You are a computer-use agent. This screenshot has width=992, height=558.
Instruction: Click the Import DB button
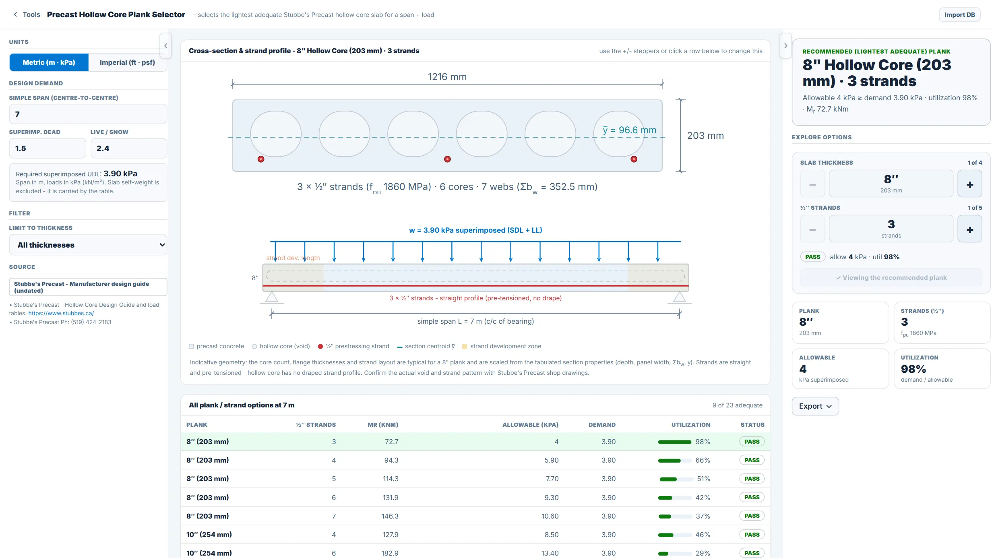pyautogui.click(x=959, y=15)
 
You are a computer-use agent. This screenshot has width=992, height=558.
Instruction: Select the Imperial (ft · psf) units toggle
pyautogui.click(x=127, y=62)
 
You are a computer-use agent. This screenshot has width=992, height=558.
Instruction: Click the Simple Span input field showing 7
pyautogui.click(x=88, y=114)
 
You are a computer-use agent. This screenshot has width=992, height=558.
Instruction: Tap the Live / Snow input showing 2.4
pyautogui.click(x=129, y=148)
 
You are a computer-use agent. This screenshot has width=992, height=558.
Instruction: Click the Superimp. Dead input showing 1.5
pyautogui.click(x=48, y=148)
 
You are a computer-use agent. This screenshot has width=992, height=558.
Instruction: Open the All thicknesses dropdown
pyautogui.click(x=88, y=245)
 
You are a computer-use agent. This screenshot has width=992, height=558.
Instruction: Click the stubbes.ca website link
pyautogui.click(x=61, y=313)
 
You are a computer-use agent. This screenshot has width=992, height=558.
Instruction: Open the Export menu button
pyautogui.click(x=815, y=406)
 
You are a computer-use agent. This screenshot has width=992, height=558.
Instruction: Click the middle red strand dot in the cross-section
pyautogui.click(x=447, y=159)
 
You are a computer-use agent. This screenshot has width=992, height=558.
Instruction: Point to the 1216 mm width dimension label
pyautogui.click(x=447, y=77)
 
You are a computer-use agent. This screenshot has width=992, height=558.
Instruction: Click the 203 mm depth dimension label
pyautogui.click(x=705, y=136)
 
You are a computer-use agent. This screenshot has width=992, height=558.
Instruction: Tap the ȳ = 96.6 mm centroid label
pyautogui.click(x=629, y=130)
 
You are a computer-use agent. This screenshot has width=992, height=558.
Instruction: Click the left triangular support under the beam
pyautogui.click(x=272, y=297)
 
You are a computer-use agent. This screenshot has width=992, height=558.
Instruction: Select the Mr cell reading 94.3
pyautogui.click(x=391, y=460)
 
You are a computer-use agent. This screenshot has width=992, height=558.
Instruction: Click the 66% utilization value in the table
pyautogui.click(x=703, y=460)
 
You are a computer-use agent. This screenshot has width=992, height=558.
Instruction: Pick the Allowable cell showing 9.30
pyautogui.click(x=551, y=498)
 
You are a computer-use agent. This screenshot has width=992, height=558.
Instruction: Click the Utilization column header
pyautogui.click(x=690, y=425)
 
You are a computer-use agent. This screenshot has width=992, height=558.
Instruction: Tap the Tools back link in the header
pyautogui.click(x=27, y=14)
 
